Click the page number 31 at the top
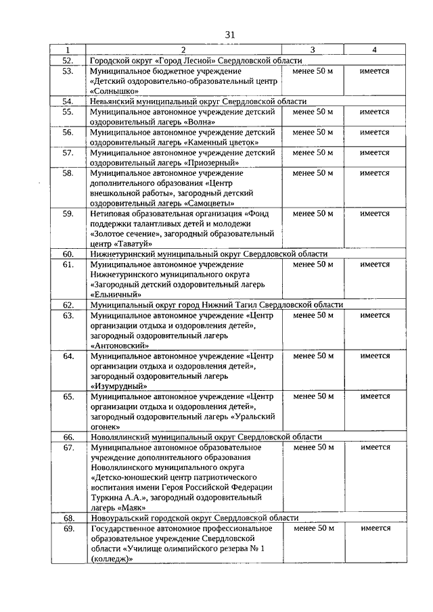pyautogui.click(x=230, y=34)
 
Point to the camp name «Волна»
pyautogui.click(x=203, y=122)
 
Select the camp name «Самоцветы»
pyautogui.click(x=212, y=203)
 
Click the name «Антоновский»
pyautogui.click(x=120, y=345)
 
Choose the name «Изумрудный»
pyautogui.click(x=118, y=385)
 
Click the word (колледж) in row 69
pyautogui.click(x=111, y=559)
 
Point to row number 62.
pyautogui.click(x=68, y=305)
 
